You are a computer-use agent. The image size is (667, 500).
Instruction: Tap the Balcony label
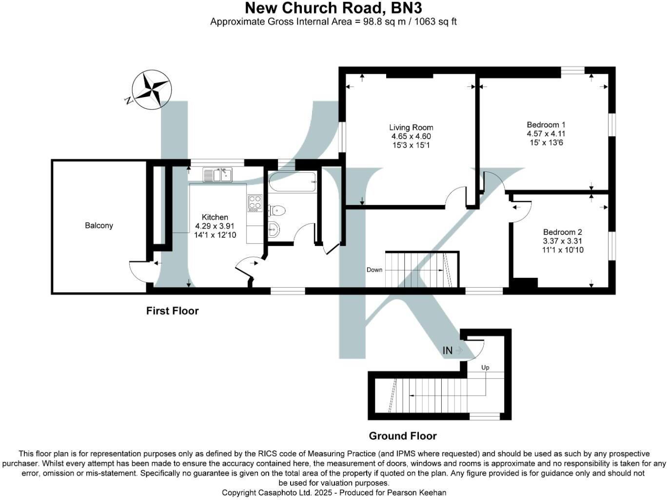click(99, 226)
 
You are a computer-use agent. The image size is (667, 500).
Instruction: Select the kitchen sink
click(217, 175)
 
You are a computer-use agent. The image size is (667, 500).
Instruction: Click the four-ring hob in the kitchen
click(255, 203)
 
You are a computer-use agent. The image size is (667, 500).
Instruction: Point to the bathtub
click(293, 182)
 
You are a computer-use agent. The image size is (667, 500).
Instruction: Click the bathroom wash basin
click(274, 228)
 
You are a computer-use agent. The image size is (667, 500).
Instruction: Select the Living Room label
click(411, 127)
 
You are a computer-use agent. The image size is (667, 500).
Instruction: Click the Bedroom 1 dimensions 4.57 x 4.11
click(546, 134)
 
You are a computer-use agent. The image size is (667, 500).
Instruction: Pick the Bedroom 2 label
click(563, 232)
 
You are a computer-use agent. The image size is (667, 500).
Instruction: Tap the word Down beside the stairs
click(374, 270)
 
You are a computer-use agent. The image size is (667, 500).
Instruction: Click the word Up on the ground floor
click(485, 368)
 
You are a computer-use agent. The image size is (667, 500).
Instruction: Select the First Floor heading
click(172, 311)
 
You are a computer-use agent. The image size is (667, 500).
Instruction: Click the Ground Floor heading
click(403, 436)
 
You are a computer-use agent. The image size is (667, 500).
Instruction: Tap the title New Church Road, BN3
click(333, 8)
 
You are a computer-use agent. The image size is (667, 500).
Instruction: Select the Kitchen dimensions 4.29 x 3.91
click(215, 226)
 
